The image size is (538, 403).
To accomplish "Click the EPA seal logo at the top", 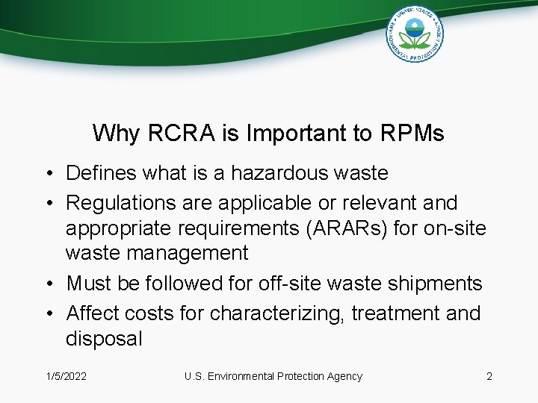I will coord(415,35).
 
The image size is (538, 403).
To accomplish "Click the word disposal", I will coord(104,338).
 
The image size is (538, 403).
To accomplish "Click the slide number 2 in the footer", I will coord(489,376).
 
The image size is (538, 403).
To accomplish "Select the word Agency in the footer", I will coord(344,376).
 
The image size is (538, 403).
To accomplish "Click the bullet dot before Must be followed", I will coord(47,284).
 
